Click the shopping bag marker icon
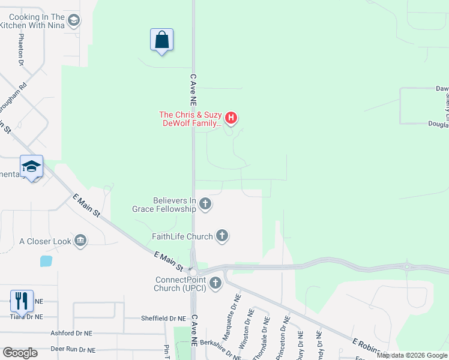(x=161, y=40)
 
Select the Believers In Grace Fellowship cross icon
(x=205, y=205)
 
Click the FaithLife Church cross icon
(x=222, y=236)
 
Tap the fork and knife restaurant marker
(x=22, y=301)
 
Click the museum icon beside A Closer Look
(x=80, y=241)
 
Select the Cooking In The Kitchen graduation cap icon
(x=73, y=22)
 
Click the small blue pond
(x=46, y=261)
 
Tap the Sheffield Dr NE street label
(x=163, y=319)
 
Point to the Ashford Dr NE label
(x=72, y=332)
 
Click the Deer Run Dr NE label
(x=73, y=349)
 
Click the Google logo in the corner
(x=20, y=352)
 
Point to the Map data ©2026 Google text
(x=412, y=355)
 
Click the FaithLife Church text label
(x=182, y=236)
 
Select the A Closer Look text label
(x=45, y=242)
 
